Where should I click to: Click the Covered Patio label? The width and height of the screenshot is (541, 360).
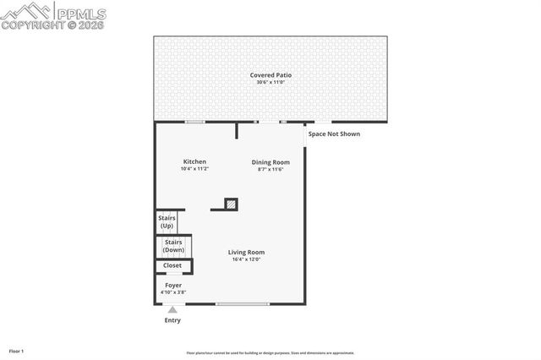coord(270,75)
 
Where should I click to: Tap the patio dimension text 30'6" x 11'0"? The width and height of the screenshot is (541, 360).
coord(270,83)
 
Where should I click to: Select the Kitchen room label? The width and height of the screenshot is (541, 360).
coord(194,161)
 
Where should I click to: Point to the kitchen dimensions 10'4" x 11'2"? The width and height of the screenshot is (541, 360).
coord(194,169)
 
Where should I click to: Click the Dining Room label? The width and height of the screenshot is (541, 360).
coord(270,161)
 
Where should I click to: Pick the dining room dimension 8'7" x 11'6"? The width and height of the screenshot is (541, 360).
coord(270,169)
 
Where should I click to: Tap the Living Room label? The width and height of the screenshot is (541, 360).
coord(246,252)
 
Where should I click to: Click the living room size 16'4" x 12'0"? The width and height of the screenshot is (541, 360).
coord(246,259)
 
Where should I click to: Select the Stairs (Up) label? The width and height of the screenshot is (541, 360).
coord(167,222)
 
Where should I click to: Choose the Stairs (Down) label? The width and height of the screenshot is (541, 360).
coord(173,246)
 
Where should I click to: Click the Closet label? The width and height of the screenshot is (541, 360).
coord(172,265)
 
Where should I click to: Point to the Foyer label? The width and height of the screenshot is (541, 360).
coord(173,285)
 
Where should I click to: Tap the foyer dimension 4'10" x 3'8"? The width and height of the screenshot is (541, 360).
coord(173,292)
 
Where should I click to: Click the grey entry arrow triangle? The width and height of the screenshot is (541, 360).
coord(172,310)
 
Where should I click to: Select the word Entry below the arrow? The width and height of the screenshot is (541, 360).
coord(172,320)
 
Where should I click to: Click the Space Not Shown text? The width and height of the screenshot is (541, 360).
coord(333,134)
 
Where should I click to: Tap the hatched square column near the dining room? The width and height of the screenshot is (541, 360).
coord(231,204)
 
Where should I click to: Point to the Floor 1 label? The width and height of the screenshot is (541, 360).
coord(16,351)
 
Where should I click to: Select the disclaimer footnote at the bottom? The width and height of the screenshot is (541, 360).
coord(270,353)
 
